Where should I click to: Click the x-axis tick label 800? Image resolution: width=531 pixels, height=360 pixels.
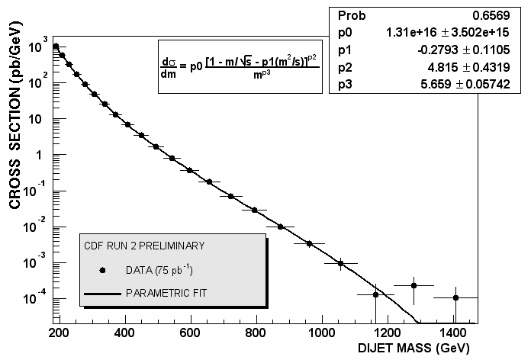tap(256, 333)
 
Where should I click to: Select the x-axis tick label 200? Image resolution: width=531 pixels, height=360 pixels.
tap(59, 333)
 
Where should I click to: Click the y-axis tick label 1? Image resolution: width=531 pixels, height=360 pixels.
tap(40, 156)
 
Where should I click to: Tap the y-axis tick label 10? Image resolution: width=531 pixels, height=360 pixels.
tap(36, 120)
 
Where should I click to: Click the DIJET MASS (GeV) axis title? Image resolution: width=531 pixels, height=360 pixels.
tap(414, 349)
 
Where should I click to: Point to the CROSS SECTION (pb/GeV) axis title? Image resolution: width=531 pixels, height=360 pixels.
tap(15, 115)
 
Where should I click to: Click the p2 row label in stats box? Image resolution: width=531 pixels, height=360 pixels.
tap(345, 68)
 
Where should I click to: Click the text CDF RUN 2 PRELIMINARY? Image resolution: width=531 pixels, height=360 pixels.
tap(144, 246)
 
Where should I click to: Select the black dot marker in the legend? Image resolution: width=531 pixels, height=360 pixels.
tap(102, 270)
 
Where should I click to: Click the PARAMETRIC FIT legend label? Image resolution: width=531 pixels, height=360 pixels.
tap(166, 293)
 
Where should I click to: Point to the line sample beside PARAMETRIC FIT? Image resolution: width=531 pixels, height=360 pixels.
tap(102, 294)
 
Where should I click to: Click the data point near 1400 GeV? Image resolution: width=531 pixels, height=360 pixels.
tap(455, 298)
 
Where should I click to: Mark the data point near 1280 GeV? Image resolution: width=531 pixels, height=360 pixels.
tap(414, 286)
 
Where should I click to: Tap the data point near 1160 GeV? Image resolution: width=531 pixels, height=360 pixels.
tap(375, 295)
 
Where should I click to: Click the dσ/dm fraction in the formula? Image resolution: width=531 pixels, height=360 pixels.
tap(169, 68)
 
